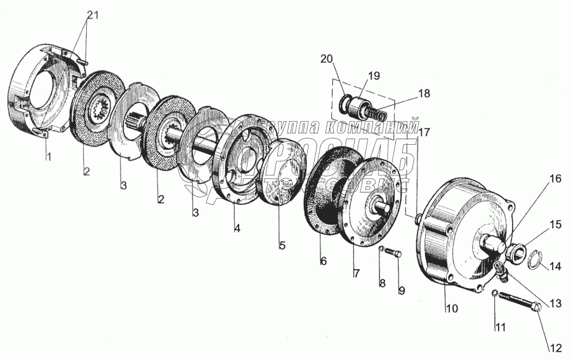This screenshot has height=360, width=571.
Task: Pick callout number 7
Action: point(356,273)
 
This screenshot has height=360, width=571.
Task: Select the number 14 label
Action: point(555,267)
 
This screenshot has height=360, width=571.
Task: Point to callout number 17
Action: point(424,133)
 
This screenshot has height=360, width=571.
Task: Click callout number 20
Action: point(326,59)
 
